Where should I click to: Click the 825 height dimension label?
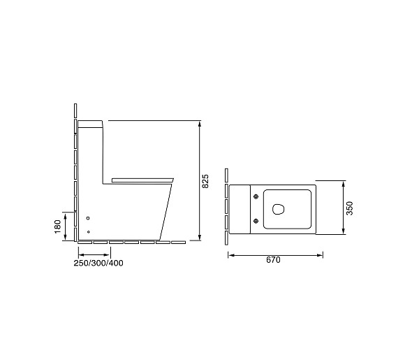pos(205,181)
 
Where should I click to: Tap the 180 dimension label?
pos(58,226)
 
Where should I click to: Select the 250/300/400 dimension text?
pos(98,263)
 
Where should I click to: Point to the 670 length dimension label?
pos(273,260)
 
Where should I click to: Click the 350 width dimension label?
pos(350,208)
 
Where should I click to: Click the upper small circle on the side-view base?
pos(88,218)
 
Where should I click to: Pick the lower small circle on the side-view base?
pos(89,231)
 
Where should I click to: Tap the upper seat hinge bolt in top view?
pos(256,196)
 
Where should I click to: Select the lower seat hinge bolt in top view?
pos(256,221)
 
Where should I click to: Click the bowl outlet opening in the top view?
pos(278,209)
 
